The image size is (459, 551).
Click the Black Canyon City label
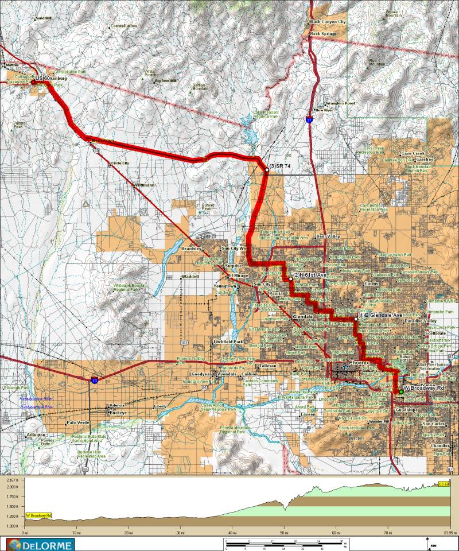pyautogui.click(x=328, y=21)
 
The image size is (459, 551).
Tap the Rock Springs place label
pyautogui.click(x=323, y=34)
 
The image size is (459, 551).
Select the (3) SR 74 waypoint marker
pyautogui.click(x=267, y=169)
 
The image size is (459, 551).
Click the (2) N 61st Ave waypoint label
pyautogui.click(x=309, y=275)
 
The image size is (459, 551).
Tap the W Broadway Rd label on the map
pyautogui.click(x=424, y=389)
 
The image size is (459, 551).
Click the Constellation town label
pyautogui.click(x=123, y=26)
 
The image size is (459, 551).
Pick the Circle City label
pyautogui.click(x=120, y=163)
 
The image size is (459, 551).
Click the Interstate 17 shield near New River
pyautogui.click(x=309, y=121)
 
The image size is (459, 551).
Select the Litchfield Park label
pyautogui.click(x=228, y=342)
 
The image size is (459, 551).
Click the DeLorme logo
pyautogui.click(x=39, y=544)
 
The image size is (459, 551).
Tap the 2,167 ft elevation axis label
pyautogui.click(x=11, y=479)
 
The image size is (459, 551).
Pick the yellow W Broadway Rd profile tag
pyautogui.click(x=38, y=515)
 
